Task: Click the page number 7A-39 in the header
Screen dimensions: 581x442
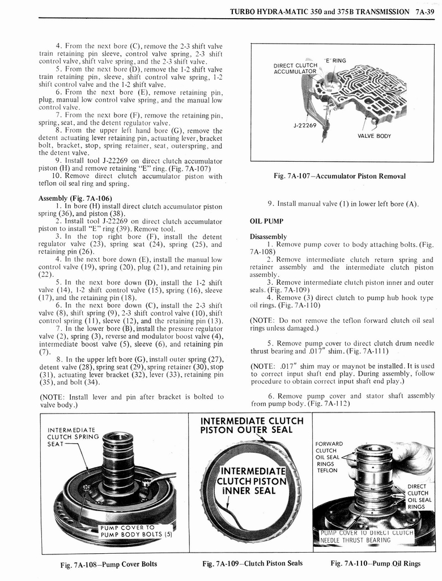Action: click(424, 11)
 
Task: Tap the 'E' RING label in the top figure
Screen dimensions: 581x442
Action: click(335, 61)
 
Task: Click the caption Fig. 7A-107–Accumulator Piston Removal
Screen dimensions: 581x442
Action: click(339, 176)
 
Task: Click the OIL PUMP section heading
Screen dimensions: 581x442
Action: click(266, 221)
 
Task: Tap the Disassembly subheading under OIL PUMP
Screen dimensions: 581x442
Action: click(268, 237)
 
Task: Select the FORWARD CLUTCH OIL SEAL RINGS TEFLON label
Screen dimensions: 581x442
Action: click(329, 457)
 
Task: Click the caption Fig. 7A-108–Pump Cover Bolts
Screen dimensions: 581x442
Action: click(109, 564)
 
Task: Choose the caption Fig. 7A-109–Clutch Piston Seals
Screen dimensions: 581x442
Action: click(252, 563)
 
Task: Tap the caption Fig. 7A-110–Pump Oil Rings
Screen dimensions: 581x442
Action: click(376, 563)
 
